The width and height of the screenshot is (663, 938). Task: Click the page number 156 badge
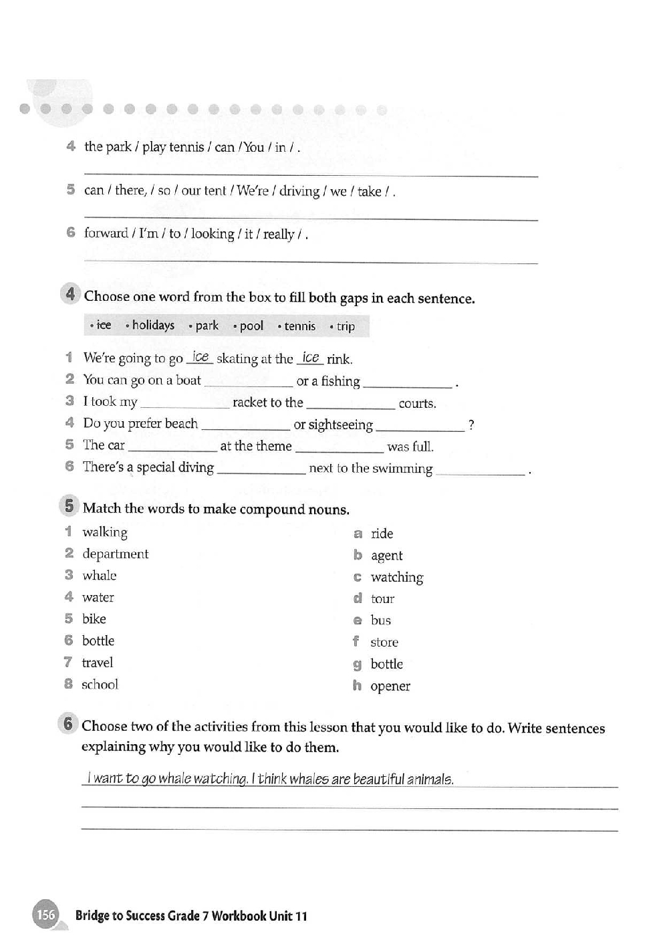45,915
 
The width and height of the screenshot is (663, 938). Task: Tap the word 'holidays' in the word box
153,326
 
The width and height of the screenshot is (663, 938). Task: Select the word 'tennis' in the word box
299,326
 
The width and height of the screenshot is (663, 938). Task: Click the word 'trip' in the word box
346,327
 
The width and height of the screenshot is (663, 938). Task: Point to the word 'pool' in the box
251,326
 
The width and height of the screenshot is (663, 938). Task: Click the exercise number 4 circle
70,294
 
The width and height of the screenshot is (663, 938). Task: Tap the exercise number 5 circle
69,506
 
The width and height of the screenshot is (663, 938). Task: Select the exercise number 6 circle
68,723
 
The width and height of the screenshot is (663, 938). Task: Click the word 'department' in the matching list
115,554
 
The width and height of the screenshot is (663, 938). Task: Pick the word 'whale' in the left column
99,576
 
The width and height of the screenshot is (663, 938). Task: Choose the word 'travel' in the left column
97,663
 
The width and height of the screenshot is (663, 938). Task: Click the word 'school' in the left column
100,685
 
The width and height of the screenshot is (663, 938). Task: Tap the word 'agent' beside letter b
386,556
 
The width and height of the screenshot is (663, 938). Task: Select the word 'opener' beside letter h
390,687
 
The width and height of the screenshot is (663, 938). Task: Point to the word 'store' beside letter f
384,642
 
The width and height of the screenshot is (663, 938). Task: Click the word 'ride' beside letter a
382,534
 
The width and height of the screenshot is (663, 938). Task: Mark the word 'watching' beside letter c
397,578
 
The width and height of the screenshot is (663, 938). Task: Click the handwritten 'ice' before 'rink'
311,358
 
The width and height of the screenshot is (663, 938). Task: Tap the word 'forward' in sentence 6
106,233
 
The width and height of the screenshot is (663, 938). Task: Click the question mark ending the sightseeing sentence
471,425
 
